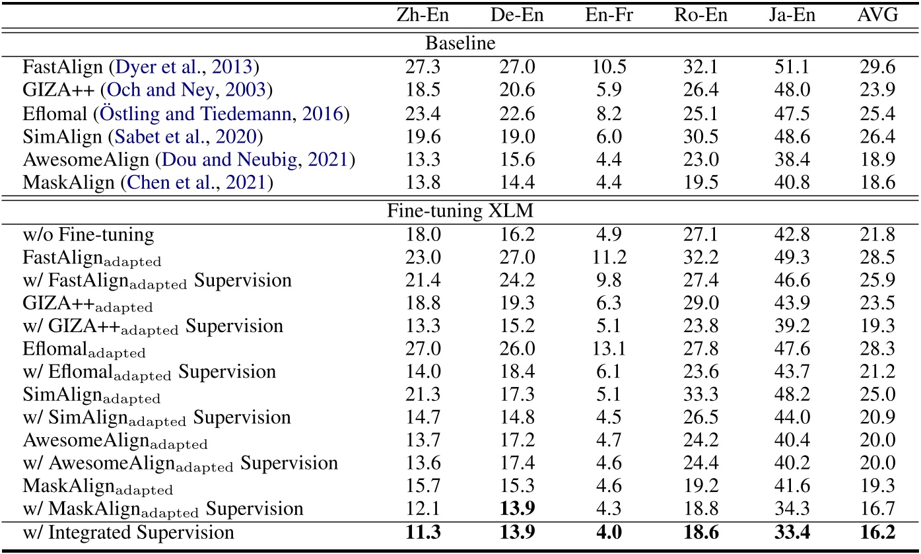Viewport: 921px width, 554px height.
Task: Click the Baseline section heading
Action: pyautogui.click(x=460, y=44)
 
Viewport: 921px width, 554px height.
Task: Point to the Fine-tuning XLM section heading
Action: pyautogui.click(x=460, y=213)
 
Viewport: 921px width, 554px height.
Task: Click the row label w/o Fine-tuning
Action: pyautogui.click(x=88, y=234)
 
